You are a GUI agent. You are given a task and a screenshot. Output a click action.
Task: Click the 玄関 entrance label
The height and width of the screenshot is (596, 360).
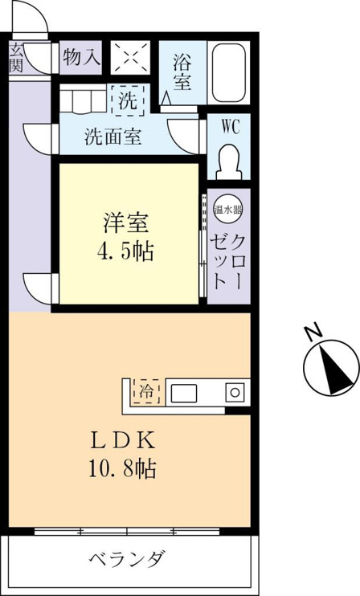(15, 58)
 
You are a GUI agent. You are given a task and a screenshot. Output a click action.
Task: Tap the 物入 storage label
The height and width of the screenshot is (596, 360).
(82, 57)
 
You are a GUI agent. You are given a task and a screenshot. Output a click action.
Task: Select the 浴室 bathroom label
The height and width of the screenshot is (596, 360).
(182, 71)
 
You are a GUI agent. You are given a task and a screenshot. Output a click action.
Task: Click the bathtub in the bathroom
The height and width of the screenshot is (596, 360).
(228, 72)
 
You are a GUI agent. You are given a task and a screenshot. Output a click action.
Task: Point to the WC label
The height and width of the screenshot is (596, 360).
(231, 127)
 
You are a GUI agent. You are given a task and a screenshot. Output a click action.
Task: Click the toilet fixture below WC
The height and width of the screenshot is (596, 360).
(229, 161)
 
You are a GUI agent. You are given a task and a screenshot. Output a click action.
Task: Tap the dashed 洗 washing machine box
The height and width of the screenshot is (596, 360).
(128, 100)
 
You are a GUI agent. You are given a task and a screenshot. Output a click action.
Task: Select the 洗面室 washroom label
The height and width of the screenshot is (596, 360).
(113, 136)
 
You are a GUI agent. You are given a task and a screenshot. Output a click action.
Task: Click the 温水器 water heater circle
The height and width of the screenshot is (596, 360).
(228, 209)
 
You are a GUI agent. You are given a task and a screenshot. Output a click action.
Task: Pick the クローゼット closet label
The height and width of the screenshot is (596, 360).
(227, 261)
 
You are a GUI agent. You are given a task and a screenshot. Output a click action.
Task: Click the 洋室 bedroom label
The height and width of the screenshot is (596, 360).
(126, 223)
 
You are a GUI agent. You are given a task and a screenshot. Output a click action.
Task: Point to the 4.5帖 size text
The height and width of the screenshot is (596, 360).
(126, 251)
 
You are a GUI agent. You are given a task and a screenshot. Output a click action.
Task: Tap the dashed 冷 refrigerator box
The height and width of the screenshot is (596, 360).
(145, 391)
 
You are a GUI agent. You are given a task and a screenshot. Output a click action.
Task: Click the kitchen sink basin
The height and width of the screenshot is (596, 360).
(183, 393)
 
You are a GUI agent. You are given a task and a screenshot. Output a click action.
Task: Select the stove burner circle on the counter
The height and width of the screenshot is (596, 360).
(235, 393)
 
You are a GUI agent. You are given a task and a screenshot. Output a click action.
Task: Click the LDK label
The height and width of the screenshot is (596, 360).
(122, 441)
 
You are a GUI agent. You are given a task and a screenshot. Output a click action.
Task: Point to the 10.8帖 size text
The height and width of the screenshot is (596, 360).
(122, 468)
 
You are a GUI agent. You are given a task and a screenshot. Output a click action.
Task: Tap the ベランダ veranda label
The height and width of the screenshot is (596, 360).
(127, 559)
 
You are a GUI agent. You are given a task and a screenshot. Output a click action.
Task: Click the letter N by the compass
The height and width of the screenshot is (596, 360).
(314, 332)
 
